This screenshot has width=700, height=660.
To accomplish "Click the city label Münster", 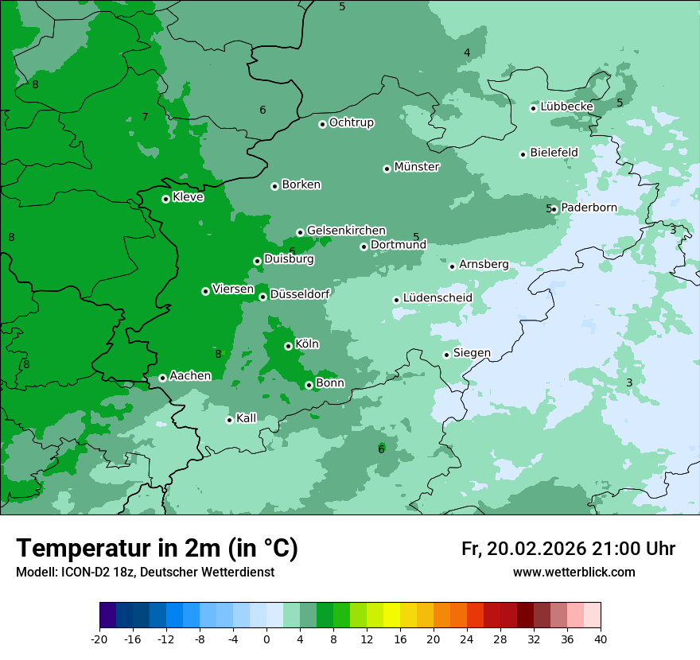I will tap(417, 167).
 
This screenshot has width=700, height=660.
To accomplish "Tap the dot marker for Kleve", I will tap(165, 199).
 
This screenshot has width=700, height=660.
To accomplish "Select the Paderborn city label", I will tap(589, 208).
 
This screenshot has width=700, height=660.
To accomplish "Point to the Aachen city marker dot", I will tap(162, 378).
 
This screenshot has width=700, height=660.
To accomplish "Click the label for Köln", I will tap(307, 344).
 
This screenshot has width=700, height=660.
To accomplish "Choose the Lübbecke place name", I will tap(566, 107).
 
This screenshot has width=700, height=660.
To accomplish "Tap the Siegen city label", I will tap(472, 353).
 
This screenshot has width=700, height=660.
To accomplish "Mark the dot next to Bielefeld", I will tap(523, 154).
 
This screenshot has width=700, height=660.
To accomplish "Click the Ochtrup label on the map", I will tap(352, 122).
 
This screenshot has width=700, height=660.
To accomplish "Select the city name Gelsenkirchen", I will tap(346, 231).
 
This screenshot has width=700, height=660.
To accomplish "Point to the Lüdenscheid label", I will tap(437, 298).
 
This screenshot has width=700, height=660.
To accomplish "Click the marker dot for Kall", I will tap(229, 420).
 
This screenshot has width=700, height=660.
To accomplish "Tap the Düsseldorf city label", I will tap(300, 294).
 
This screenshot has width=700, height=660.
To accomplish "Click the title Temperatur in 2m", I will tap(157, 548).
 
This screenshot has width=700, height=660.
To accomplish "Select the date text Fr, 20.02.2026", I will tap(523, 549).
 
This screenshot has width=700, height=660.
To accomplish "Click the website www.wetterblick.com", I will tap(574, 572).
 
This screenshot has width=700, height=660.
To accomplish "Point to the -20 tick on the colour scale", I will tap(99, 639).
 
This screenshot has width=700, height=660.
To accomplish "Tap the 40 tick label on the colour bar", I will tap(600, 639).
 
